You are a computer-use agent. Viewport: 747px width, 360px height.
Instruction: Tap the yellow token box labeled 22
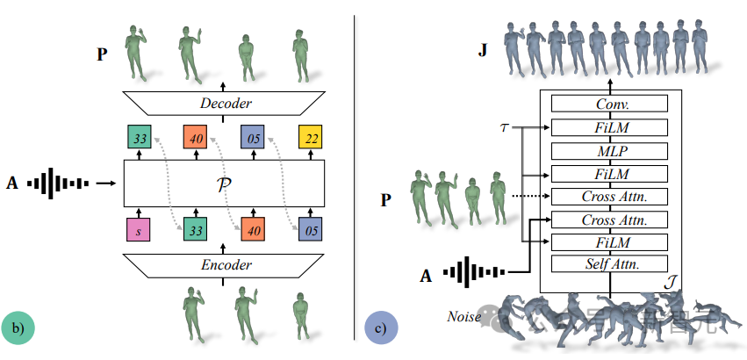point(311,138)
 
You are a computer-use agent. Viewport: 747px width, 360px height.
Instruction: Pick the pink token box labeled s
point(137,230)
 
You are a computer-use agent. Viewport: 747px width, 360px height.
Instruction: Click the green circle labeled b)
point(18,328)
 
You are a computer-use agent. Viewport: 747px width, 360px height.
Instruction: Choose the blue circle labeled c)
point(380,329)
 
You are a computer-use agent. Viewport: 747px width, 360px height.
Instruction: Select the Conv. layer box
point(609,103)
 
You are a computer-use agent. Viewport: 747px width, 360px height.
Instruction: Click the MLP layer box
point(609,150)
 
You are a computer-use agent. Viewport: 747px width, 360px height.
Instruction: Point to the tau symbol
point(503,127)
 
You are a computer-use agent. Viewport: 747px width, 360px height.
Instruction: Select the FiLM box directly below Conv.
point(609,127)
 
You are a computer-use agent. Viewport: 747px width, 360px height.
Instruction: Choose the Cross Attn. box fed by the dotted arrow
point(609,196)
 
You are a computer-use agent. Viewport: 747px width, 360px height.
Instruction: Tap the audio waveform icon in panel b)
point(58,184)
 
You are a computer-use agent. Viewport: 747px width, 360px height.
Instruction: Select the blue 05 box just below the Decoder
point(253,138)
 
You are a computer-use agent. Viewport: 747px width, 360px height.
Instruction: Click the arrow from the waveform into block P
point(106,184)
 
